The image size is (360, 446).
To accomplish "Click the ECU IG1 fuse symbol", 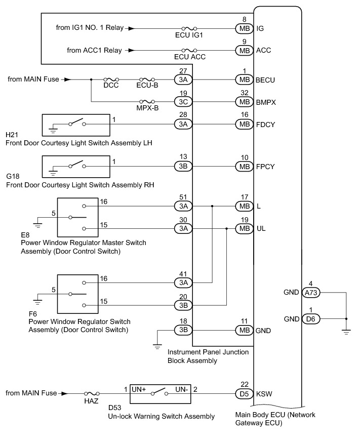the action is click(189, 28).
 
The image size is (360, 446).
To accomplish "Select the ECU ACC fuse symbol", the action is click(189, 50).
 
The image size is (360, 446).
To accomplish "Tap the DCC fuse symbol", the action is click(111, 79).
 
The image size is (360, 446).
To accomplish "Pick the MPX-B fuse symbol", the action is click(147, 102).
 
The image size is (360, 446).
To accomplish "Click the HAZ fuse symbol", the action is click(92, 394).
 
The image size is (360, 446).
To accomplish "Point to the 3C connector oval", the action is click(183, 102).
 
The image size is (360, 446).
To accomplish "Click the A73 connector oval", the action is click(311, 293).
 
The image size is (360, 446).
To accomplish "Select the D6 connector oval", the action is click(311, 319).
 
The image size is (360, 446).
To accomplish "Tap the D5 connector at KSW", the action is click(245, 394).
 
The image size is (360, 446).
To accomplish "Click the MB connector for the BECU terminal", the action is click(245, 79).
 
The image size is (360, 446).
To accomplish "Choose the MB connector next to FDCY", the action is click(245, 125).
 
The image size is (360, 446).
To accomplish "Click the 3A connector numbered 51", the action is click(183, 206).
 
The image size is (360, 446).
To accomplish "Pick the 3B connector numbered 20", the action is click(183, 305).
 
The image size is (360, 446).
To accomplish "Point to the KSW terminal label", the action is click(264, 394).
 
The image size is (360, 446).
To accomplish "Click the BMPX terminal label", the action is click(266, 102).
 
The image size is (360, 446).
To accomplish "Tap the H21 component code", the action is click(12, 135).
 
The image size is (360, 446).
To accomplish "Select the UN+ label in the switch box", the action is click(139, 389).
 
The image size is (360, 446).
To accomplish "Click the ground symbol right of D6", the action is click(346, 332).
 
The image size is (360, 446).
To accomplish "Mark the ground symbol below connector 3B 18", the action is click(157, 346).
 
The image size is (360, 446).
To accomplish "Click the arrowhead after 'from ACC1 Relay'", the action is click(131, 50).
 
